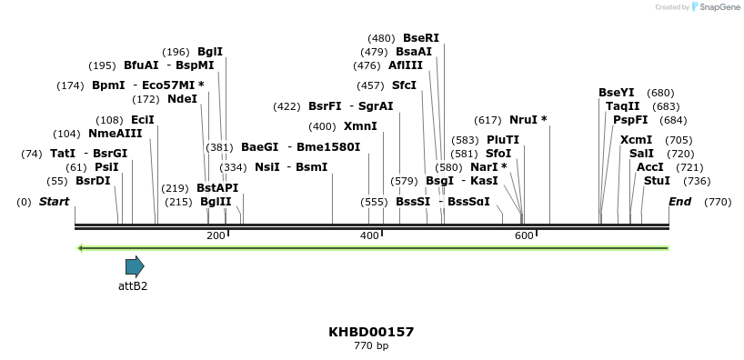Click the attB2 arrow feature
click(x=135, y=266)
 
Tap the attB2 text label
click(x=133, y=285)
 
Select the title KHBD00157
click(x=371, y=332)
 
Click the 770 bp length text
click(x=371, y=346)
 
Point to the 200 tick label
click(x=216, y=236)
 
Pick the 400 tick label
click(x=369, y=236)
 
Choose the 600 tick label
click(x=524, y=236)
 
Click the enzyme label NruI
click(x=524, y=120)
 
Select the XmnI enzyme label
click(x=360, y=126)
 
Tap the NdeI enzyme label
click(x=182, y=99)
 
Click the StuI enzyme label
click(x=657, y=181)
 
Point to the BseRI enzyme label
click(x=421, y=38)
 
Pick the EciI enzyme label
click(x=143, y=120)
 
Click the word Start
click(x=54, y=202)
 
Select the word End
click(x=679, y=202)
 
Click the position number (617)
click(x=488, y=120)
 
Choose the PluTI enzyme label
click(x=503, y=140)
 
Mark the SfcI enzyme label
click(x=404, y=85)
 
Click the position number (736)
click(x=697, y=181)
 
